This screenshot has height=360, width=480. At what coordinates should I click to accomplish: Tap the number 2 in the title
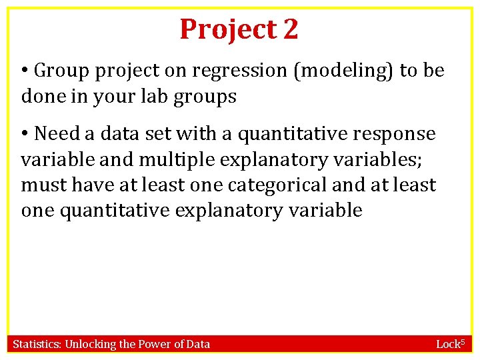pos(290,29)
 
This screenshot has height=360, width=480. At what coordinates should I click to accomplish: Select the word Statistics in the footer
pos(36,344)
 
